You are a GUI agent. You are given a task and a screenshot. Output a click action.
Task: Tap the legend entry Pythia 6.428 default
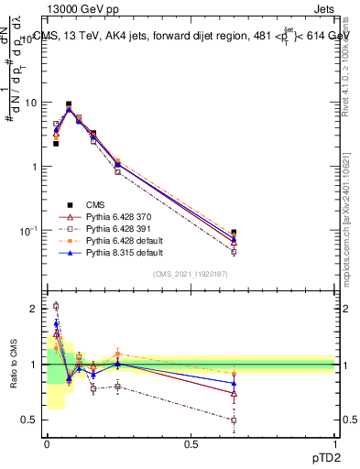(121, 240)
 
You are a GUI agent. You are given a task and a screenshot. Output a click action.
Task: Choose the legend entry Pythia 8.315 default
(121, 252)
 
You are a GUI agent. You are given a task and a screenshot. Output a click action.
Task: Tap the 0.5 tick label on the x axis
(191, 446)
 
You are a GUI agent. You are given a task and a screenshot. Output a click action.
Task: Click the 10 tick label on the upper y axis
(29, 103)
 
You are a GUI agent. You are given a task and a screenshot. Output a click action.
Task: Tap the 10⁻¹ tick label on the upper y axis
(28, 231)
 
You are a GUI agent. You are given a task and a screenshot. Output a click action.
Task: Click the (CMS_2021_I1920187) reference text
(190, 274)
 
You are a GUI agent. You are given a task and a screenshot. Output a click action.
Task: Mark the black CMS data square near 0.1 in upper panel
(69, 104)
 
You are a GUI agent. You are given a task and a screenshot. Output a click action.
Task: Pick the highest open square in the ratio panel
(56, 306)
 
